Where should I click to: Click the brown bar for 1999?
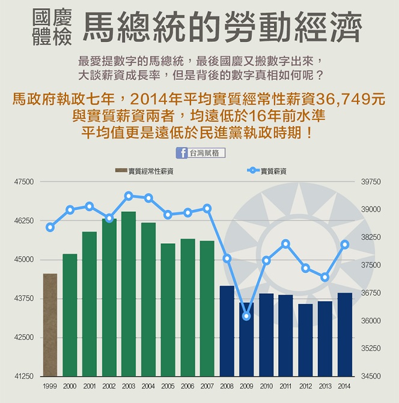pos(50,324)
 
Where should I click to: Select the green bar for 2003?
pos(129,293)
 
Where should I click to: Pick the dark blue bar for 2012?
pos(305,339)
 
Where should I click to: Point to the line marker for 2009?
pos(246,316)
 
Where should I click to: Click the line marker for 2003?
pos(129,196)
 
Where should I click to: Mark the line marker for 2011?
pos(286,243)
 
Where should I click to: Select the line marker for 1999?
pos(50,227)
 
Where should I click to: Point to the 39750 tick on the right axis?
pos(371,182)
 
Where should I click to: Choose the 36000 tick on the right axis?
pos(371,321)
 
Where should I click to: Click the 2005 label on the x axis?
pos(168,387)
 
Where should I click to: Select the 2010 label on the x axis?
pos(266,387)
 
